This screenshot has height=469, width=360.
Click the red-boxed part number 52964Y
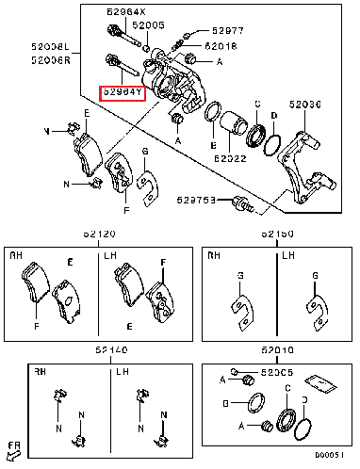tap(123, 93)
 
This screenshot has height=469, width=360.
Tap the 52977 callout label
tap(228, 30)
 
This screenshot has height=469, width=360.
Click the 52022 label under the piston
tap(230, 160)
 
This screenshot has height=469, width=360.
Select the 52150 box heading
tap(277, 233)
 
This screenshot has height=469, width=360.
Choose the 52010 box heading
tap(277, 350)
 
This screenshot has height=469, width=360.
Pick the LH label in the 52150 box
tap(288, 255)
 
